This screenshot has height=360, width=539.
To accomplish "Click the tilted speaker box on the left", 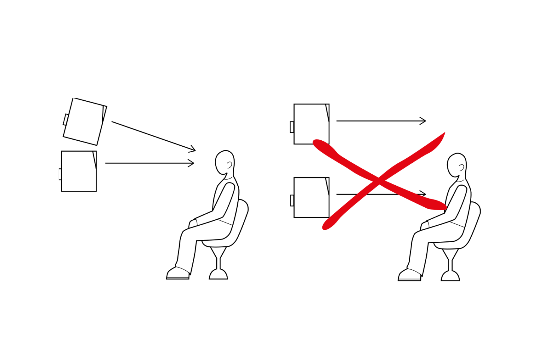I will pyautogui.click(x=85, y=122).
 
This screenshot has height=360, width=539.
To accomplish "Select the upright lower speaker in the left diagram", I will pyautogui.click(x=79, y=171).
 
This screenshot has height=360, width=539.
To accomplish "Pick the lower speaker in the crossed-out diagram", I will pyautogui.click(x=311, y=197).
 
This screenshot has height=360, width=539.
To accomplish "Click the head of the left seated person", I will pyautogui.click(x=225, y=162).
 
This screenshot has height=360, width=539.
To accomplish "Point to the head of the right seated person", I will pyautogui.click(x=457, y=165).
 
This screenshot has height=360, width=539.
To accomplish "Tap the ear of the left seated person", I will pyautogui.click(x=229, y=164).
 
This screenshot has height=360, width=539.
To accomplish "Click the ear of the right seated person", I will pyautogui.click(x=461, y=167).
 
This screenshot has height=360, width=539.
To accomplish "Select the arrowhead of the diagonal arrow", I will pyautogui.click(x=193, y=149).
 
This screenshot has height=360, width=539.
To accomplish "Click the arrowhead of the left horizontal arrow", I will pyautogui.click(x=192, y=163).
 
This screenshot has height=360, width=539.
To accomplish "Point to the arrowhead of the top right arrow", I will pyautogui.click(x=423, y=121).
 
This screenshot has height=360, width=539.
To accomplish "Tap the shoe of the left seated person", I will pyautogui.click(x=178, y=274).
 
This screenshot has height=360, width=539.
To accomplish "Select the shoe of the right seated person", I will pyautogui.click(x=409, y=275).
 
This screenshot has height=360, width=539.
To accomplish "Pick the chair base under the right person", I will pyautogui.click(x=450, y=277).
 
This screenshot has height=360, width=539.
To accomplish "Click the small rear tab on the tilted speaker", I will pyautogui.click(x=66, y=119).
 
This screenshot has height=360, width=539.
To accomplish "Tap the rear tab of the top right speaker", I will pyautogui.click(x=292, y=127).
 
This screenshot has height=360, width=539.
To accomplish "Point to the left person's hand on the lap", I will pyautogui.click(x=193, y=223).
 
